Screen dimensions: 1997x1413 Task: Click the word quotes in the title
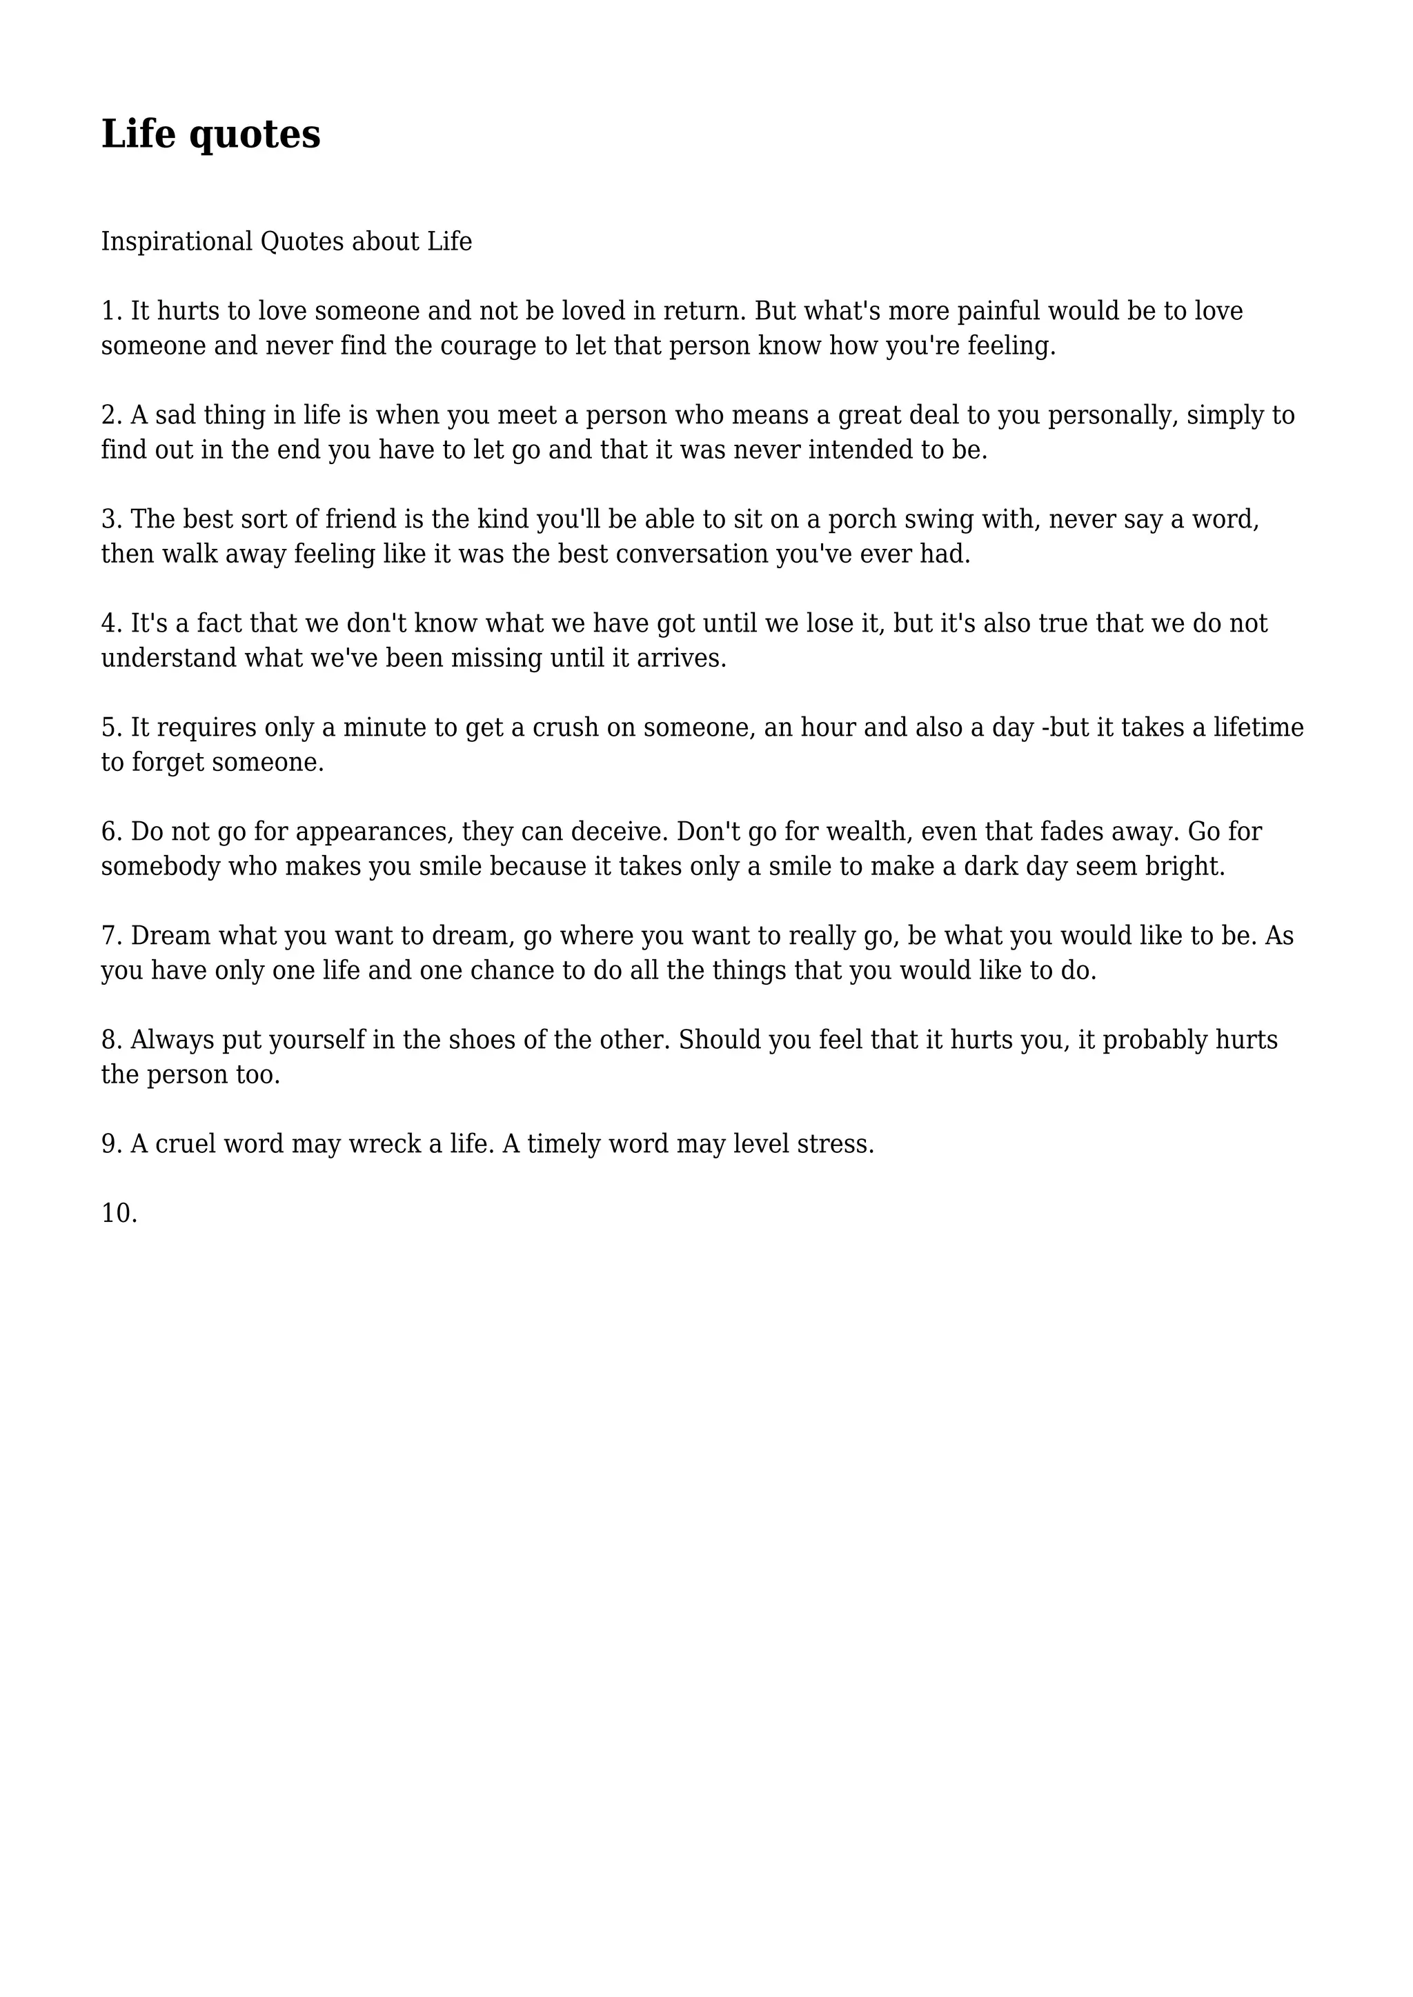pyautogui.click(x=254, y=136)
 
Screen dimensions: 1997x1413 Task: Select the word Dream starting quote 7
pyautogui.click(x=170, y=936)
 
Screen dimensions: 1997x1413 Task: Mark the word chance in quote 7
pyautogui.click(x=509, y=971)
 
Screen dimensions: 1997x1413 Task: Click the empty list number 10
pyautogui.click(x=119, y=1214)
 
